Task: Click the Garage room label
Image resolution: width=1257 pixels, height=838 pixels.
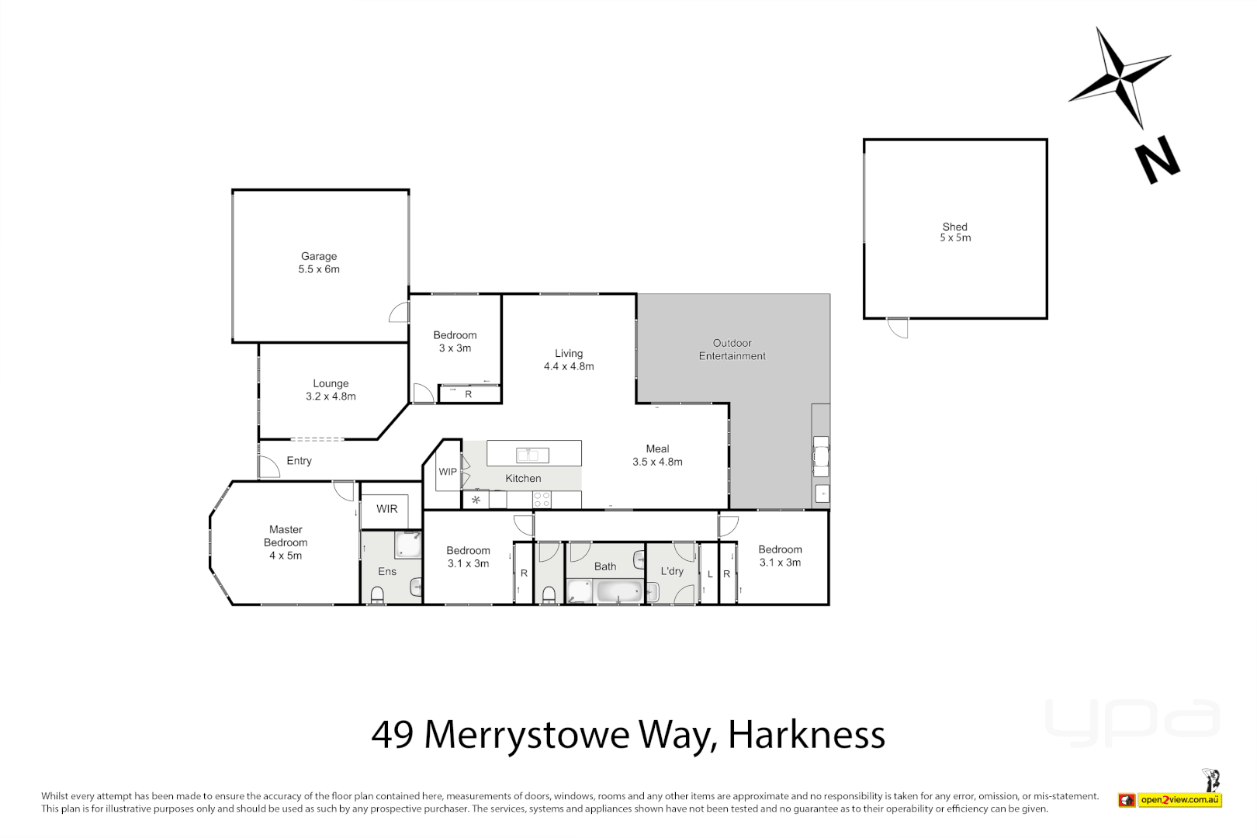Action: pos(319,262)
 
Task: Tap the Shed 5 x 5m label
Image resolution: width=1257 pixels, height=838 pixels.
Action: pos(955,232)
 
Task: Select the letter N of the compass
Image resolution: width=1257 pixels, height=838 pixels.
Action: pos(1157,160)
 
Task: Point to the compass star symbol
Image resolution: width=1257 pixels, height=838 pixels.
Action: pos(1120,78)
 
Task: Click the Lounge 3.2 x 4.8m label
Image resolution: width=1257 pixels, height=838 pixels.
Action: pos(331,390)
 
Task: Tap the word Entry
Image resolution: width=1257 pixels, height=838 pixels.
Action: pos(299,461)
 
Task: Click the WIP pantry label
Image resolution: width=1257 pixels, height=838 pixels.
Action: pos(448,472)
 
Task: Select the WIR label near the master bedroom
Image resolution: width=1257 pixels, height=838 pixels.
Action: pos(386,509)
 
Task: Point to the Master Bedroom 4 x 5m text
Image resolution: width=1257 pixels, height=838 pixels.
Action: pos(286,542)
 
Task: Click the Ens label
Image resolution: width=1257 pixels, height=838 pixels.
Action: pos(387,572)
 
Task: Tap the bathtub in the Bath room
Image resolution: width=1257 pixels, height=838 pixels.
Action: pos(618,593)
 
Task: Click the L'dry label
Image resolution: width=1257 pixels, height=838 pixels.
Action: pos(672,571)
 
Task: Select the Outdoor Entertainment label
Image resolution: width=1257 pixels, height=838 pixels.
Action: pos(732,349)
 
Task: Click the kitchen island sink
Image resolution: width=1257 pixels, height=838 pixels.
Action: pos(532,455)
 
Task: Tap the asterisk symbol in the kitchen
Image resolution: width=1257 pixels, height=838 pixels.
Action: pos(476,500)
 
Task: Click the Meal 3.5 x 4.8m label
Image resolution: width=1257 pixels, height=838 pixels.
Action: pos(657,455)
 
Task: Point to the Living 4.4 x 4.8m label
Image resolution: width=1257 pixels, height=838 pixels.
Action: pos(569,359)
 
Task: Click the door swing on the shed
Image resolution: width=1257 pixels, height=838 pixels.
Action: pos(899,327)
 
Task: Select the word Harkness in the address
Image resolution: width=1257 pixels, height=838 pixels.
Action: pos(806,735)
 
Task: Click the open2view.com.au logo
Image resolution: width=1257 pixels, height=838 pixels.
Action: pos(1179,800)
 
